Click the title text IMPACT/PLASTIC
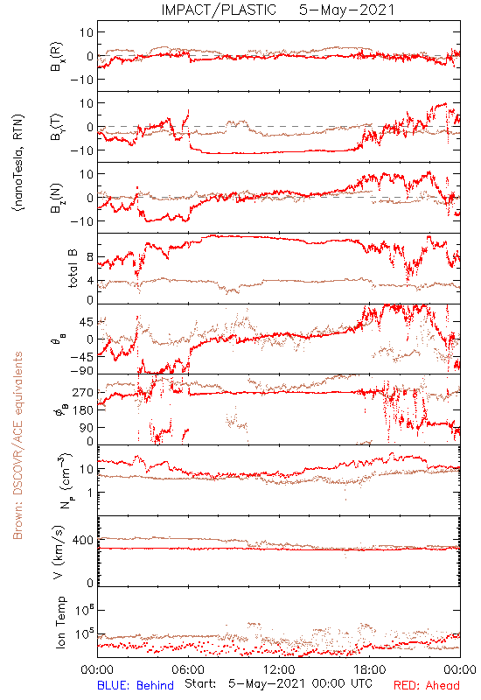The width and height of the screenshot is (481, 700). (219, 10)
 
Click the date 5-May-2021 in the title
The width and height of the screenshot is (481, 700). (346, 10)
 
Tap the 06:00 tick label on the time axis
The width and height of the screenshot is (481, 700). (188, 669)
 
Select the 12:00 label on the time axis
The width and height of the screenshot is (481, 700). (279, 669)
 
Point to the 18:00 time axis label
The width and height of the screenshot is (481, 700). (370, 669)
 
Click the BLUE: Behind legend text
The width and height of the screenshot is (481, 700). (136, 685)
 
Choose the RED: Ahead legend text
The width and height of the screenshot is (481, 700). (427, 685)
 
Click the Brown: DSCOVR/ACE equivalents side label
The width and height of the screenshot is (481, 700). (17, 445)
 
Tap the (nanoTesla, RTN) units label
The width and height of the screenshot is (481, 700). (18, 163)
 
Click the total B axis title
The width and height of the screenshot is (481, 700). (73, 269)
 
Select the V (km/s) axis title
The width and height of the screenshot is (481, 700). (59, 552)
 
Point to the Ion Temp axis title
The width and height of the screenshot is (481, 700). (60, 622)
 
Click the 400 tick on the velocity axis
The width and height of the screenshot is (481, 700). (83, 540)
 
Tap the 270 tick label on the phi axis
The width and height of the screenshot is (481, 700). (83, 392)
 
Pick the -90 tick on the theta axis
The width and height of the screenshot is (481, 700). (80, 371)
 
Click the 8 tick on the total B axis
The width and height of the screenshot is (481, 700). (90, 257)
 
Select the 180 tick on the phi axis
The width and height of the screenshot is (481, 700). (83, 409)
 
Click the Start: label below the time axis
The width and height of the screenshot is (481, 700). (200, 684)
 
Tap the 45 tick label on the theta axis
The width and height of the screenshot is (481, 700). (86, 322)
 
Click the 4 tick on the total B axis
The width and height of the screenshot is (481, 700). (90, 281)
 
